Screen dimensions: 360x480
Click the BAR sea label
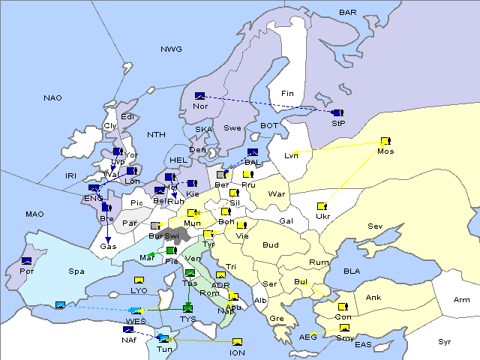(x=348, y=13)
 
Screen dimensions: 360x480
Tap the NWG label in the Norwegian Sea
(x=171, y=49)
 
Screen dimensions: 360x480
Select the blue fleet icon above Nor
(x=200, y=96)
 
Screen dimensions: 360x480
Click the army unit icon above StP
(x=338, y=112)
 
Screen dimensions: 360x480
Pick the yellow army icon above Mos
(x=385, y=141)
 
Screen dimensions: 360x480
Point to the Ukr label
(x=323, y=217)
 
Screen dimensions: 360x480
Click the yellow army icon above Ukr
(x=322, y=206)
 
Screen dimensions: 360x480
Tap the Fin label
(x=286, y=94)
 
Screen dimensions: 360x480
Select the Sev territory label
(x=375, y=226)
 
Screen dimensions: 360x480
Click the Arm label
(x=462, y=300)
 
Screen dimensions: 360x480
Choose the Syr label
(x=445, y=342)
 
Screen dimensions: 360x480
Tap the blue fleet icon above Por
(x=27, y=261)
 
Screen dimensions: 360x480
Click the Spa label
(x=76, y=271)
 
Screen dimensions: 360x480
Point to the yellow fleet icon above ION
(x=237, y=342)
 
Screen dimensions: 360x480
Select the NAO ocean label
(x=53, y=98)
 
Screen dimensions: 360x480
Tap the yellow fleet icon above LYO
(x=139, y=280)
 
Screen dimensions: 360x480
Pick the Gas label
(x=109, y=247)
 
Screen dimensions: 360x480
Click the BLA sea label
(x=352, y=271)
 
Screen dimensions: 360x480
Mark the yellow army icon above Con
(x=343, y=307)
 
